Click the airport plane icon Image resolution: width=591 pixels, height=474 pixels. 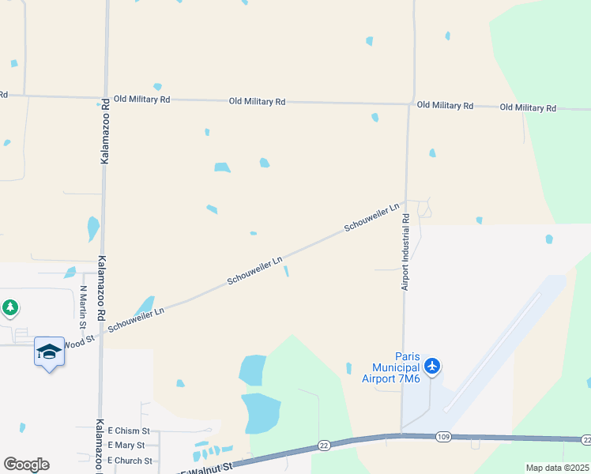pos(431,366)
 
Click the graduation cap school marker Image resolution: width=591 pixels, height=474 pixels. pos(48,352)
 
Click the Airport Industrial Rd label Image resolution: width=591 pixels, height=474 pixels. pos(405,258)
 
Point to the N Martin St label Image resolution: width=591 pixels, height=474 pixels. pos(82,303)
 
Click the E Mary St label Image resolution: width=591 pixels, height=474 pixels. pos(126,446)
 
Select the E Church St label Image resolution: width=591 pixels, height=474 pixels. pos(130,460)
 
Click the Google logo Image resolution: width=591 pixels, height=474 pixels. pos(26,465)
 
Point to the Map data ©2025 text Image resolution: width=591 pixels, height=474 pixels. pos(557,468)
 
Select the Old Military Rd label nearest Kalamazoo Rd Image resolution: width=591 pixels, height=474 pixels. pos(142,100)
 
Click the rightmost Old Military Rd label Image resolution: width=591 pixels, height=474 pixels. pos(529,107)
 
